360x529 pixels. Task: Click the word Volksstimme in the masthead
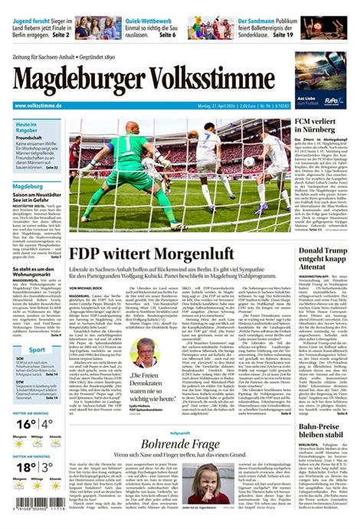coord(253,80)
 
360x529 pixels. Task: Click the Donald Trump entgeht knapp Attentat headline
coord(322,262)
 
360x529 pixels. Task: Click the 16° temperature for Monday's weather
coord(22,423)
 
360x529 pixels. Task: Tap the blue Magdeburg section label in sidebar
coord(28,186)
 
